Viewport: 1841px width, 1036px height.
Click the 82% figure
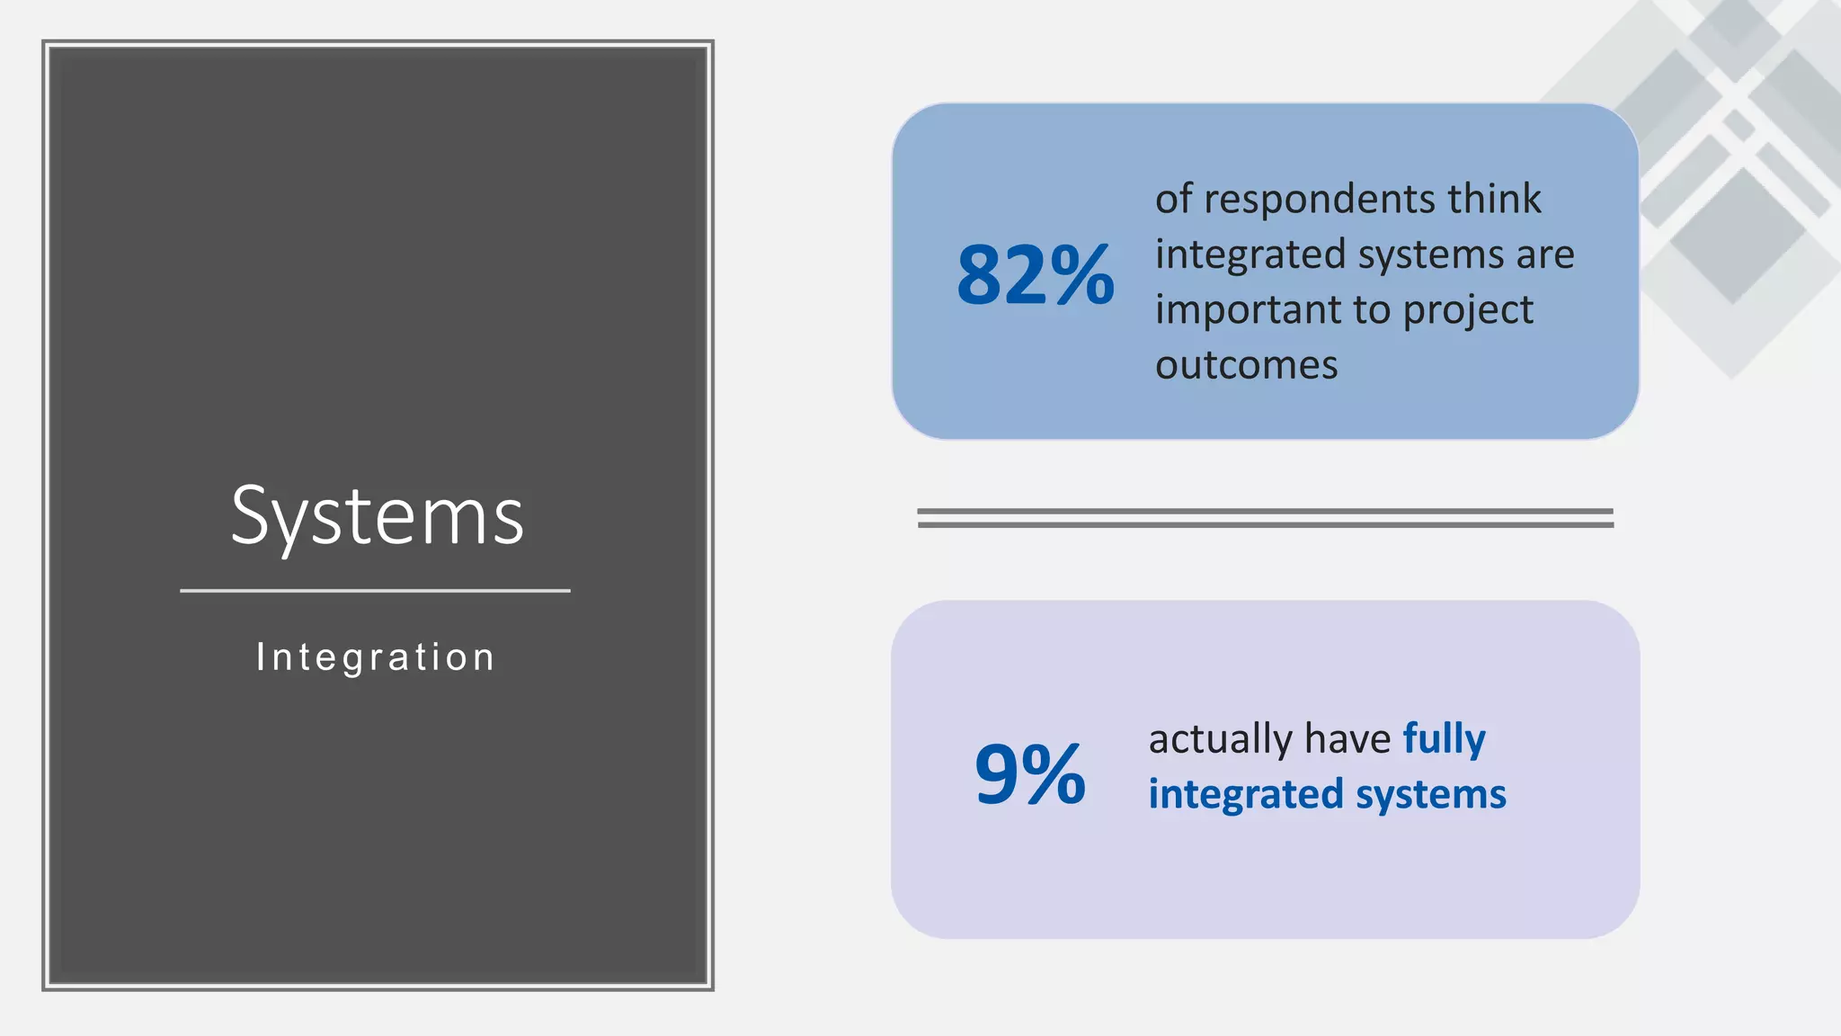click(1035, 275)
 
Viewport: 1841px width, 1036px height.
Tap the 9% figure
click(1030, 773)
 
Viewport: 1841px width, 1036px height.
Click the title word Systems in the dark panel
click(378, 516)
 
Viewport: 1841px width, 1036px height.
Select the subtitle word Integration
click(376, 657)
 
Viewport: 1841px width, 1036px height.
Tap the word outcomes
click(1246, 365)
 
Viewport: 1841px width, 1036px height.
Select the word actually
click(1220, 740)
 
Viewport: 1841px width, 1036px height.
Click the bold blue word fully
click(1444, 740)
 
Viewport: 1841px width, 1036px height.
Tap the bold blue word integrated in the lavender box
click(1246, 795)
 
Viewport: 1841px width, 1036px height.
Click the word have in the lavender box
click(1347, 739)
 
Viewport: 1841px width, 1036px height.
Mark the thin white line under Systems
click(375, 591)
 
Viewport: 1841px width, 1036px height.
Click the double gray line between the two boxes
click(1265, 517)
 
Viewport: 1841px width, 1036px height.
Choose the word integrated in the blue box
click(1250, 255)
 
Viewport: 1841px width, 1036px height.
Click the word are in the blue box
click(1545, 255)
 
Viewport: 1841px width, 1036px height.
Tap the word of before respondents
click(1173, 199)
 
